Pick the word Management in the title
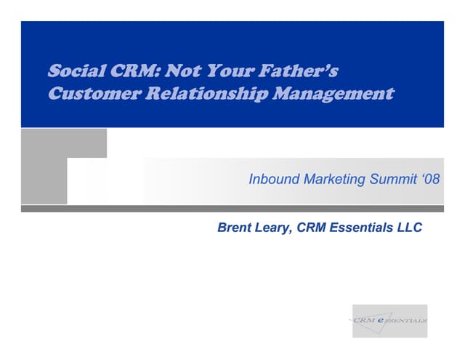point(333,94)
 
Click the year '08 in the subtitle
point(431,179)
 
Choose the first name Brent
point(235,228)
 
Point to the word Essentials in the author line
point(361,228)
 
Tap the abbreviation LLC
point(409,228)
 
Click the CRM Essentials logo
point(389,320)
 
